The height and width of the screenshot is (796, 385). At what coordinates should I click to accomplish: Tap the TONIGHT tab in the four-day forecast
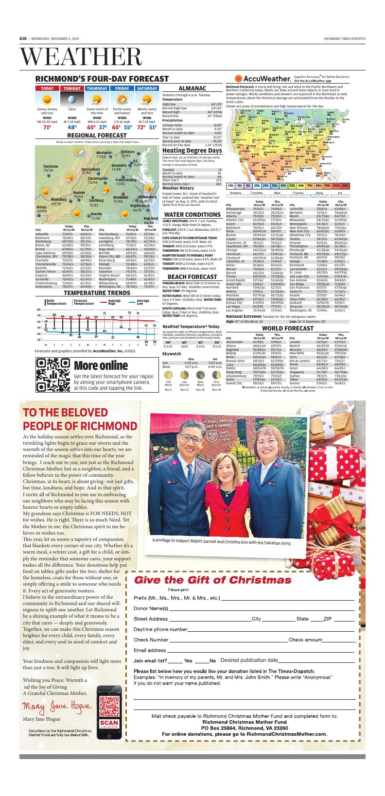(x=72, y=88)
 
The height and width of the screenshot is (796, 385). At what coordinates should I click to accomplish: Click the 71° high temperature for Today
(x=47, y=127)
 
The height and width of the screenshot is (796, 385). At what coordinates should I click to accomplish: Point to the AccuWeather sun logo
(x=239, y=79)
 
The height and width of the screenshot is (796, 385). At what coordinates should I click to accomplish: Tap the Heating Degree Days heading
(x=192, y=151)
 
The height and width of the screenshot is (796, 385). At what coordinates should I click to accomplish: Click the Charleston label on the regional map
(x=51, y=166)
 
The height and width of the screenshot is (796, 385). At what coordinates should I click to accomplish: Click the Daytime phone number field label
(x=160, y=630)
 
